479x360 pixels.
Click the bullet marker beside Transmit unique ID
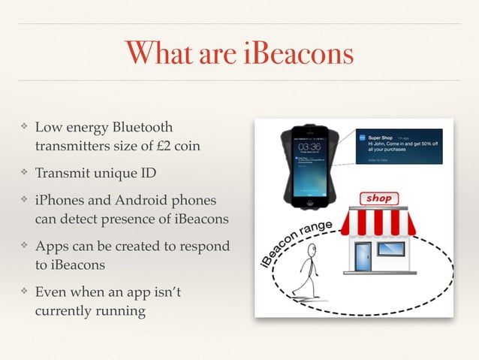click(23, 174)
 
